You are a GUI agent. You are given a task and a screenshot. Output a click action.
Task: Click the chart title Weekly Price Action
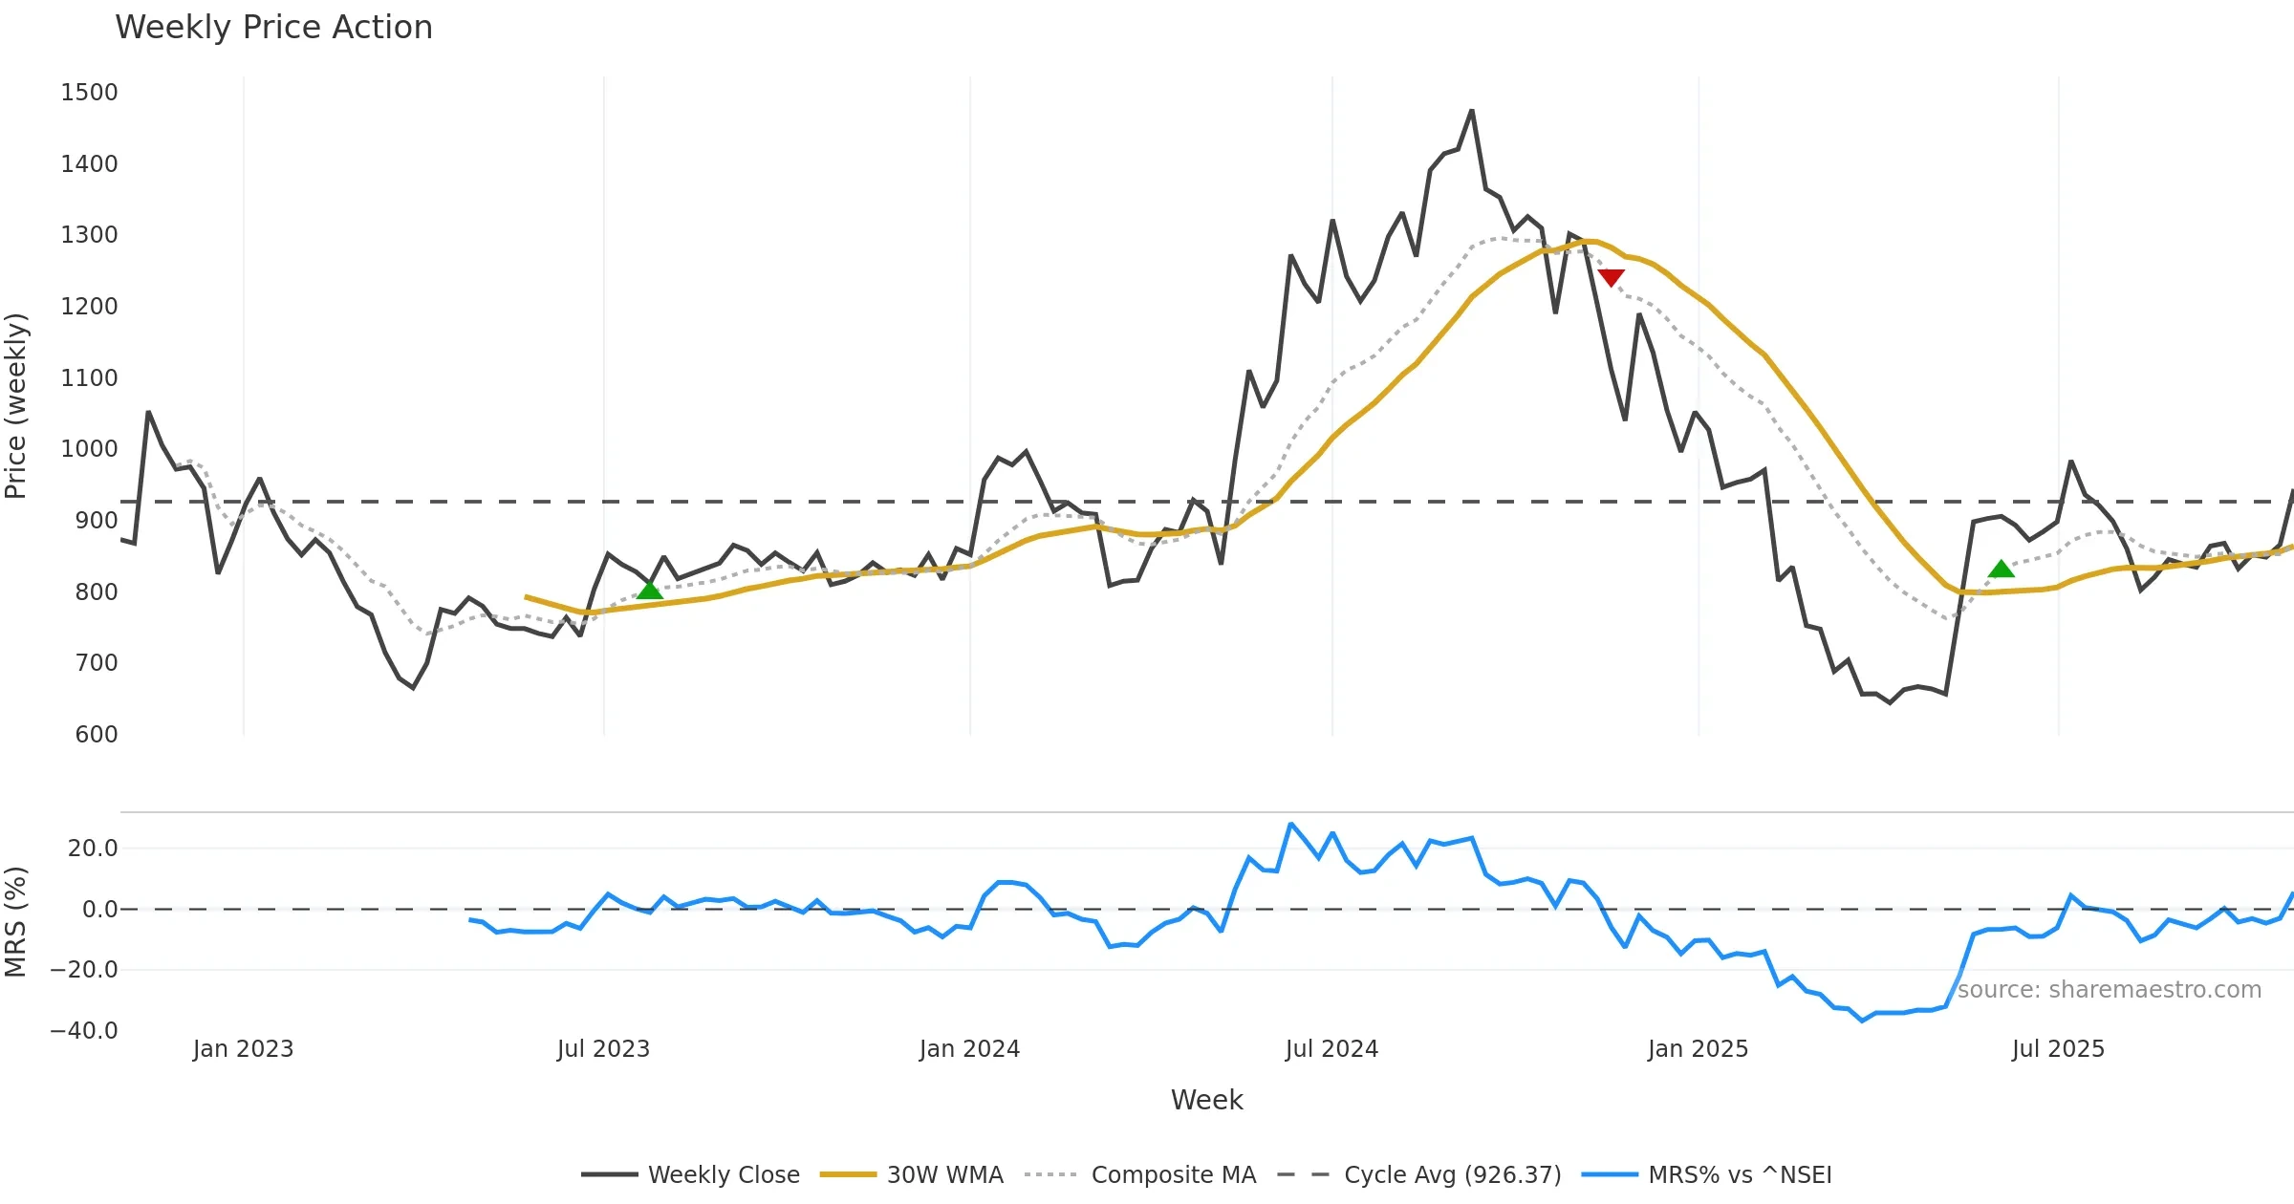[x=273, y=28]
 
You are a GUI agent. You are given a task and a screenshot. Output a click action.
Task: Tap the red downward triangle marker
[x=1611, y=278]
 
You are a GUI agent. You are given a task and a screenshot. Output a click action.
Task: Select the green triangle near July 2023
[x=650, y=590]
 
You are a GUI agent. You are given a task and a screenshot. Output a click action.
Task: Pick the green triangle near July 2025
[x=2001, y=570]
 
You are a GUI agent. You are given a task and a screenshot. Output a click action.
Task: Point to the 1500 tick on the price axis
[x=89, y=93]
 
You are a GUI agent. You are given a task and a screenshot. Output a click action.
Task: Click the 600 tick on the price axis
[x=96, y=735]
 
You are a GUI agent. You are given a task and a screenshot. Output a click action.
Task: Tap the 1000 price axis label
[x=89, y=449]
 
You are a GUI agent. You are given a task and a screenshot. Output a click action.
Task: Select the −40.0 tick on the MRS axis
[x=84, y=1031]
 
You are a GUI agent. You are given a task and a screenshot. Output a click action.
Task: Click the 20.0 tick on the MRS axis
[x=93, y=849]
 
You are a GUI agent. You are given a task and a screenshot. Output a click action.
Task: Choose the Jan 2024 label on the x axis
[x=969, y=1049]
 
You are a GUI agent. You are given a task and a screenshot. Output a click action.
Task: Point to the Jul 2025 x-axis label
[x=2058, y=1049]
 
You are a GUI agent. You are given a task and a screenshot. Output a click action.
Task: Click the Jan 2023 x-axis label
[x=243, y=1049]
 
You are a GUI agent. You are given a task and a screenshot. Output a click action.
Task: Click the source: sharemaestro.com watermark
[x=2109, y=990]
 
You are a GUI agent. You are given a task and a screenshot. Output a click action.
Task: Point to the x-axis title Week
[x=1206, y=1101]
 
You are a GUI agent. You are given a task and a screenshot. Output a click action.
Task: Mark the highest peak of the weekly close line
[x=1472, y=111]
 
